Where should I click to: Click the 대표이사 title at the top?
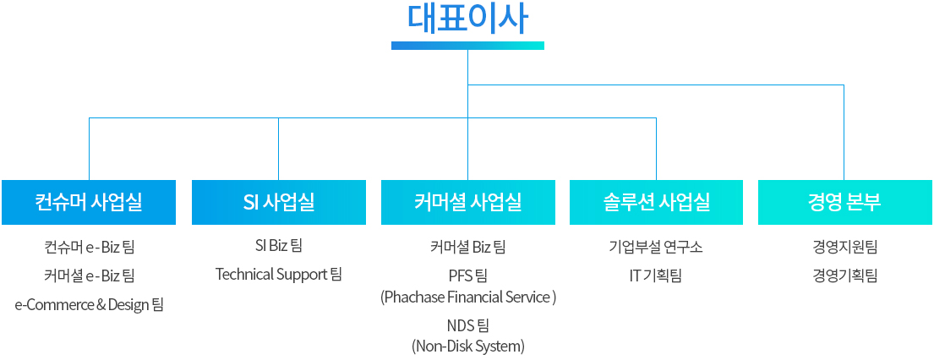(x=467, y=19)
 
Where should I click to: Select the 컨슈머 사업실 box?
(x=89, y=202)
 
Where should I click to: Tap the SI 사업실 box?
(x=279, y=202)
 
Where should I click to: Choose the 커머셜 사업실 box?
(x=468, y=202)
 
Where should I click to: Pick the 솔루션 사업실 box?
(x=657, y=202)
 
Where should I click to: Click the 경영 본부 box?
(x=845, y=202)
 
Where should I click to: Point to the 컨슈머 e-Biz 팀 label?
(x=90, y=246)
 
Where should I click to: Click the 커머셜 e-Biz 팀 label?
(x=90, y=276)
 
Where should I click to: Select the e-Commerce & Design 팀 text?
(x=89, y=306)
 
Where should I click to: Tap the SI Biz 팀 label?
(x=279, y=245)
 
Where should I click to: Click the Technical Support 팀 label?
(x=279, y=275)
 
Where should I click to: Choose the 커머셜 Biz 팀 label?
(x=468, y=246)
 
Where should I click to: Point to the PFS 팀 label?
(x=468, y=276)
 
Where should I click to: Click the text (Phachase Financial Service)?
(x=468, y=297)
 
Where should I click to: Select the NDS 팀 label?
(x=468, y=325)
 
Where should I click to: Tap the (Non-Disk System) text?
(x=468, y=346)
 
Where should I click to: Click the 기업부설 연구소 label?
(x=657, y=246)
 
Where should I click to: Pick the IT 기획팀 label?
(x=656, y=276)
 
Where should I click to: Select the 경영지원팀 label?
(x=845, y=246)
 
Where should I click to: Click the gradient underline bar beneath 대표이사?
(x=467, y=46)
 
